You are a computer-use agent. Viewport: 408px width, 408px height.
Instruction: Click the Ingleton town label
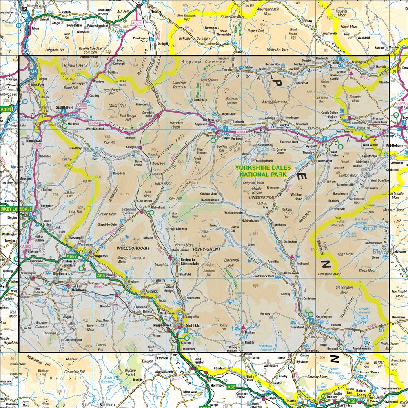(x=101, y=256)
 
